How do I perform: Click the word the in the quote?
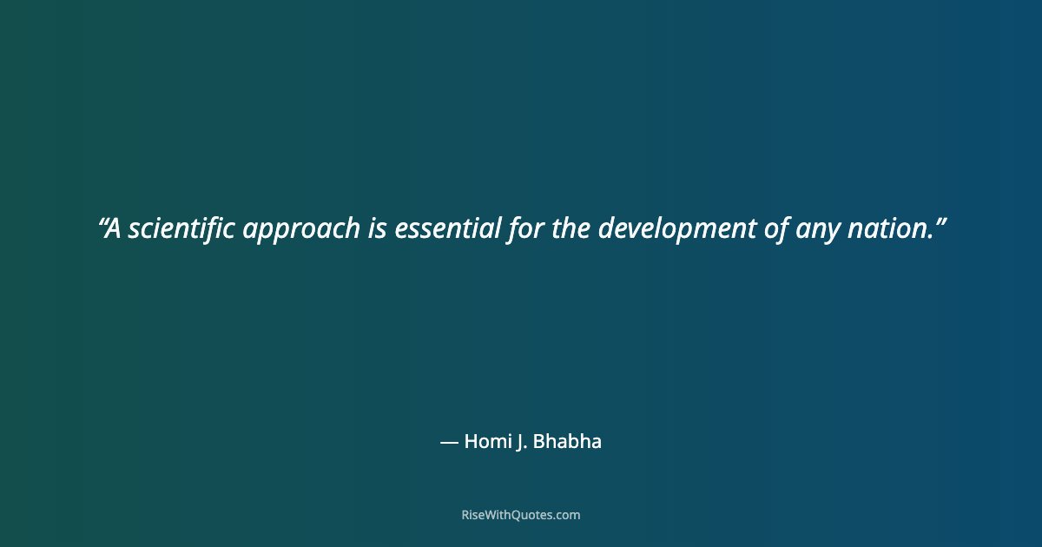coord(570,229)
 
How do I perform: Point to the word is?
coord(378,229)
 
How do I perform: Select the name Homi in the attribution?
coord(489,441)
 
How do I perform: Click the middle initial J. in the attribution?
coord(522,441)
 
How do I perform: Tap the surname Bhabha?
coord(567,441)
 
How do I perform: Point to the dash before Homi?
coord(449,442)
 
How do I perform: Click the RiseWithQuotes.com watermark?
coord(521,515)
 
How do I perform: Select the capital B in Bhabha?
coord(538,441)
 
